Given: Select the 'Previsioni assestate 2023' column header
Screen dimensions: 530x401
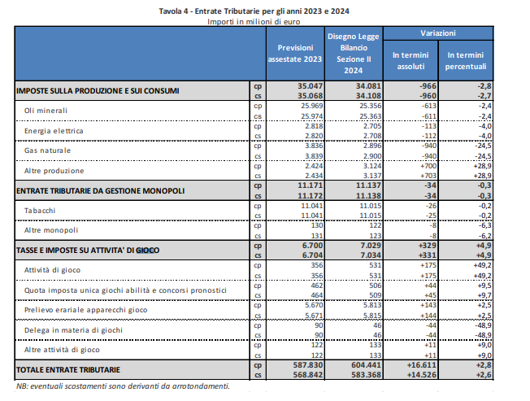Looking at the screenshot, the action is coord(295,54).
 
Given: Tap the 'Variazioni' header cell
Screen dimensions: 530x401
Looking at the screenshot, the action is coord(438,33).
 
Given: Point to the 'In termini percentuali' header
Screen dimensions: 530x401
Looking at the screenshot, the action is coord(466,60).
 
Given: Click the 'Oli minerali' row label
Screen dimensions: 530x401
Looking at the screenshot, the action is coord(46,111).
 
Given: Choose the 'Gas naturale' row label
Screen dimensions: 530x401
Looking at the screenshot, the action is coord(47,150).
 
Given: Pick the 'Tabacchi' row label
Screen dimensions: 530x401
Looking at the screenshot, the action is coord(40,211).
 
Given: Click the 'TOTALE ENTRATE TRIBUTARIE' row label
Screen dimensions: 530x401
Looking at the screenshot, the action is coord(68,369).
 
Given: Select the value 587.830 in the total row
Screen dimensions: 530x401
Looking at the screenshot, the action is coord(308,365).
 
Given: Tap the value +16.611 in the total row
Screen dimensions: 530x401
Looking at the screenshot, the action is coord(422,365).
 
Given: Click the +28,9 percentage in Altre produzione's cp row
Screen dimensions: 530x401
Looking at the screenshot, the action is coord(482,166).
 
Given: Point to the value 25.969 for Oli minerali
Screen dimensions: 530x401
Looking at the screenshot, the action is coord(312,106).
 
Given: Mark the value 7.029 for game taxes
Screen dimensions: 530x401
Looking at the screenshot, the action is coord(371,246).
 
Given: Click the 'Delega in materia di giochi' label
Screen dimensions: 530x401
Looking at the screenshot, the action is coord(73,330).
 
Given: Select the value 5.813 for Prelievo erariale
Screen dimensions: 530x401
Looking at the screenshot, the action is coord(371,305).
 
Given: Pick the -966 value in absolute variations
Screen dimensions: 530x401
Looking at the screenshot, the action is coord(428,86).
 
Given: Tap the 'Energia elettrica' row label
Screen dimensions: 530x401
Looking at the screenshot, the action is coord(54,131).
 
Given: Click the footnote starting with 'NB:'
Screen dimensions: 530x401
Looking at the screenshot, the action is coord(123,386).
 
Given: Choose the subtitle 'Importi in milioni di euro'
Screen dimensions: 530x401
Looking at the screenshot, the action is coord(254,22).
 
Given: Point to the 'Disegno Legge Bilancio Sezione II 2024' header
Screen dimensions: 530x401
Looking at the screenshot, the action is coord(354,54).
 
